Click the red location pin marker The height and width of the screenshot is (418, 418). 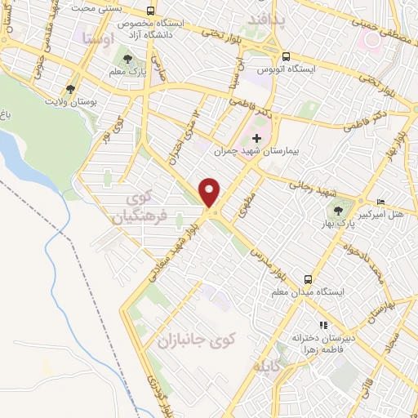click(x=211, y=193)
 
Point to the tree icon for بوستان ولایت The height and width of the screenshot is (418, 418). click(x=71, y=90)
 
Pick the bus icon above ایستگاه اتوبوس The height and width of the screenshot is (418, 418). click(x=286, y=56)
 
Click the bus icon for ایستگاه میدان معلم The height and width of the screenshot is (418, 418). click(x=307, y=278)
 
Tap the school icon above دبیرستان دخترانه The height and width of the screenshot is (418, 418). click(x=323, y=324)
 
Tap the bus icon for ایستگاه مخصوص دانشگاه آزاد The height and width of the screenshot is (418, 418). click(x=150, y=11)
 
